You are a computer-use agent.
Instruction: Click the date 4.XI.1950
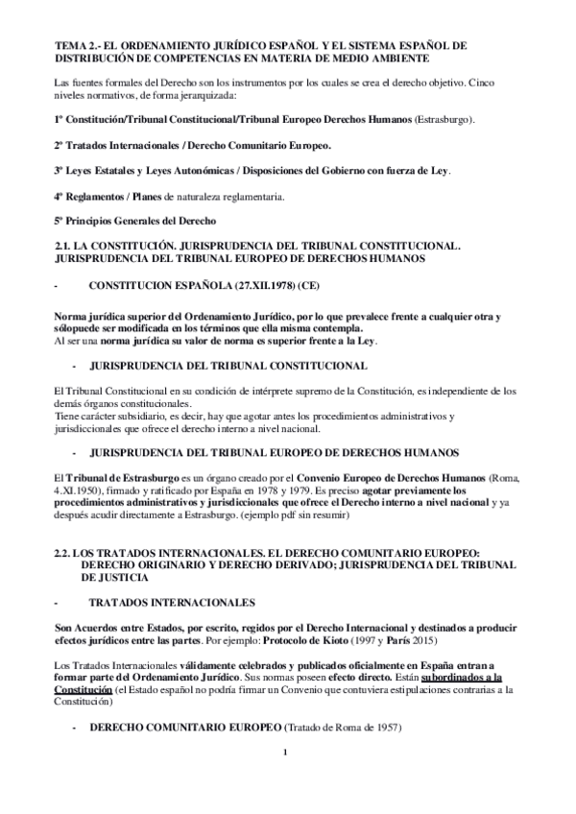coord(79,489)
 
